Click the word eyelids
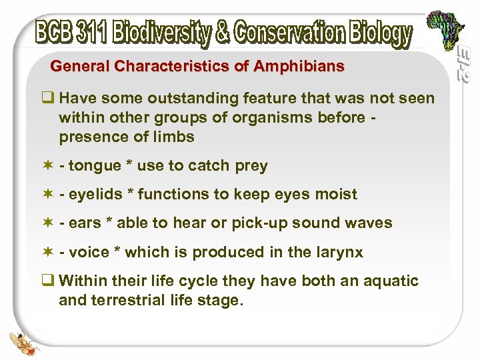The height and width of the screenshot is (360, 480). (98, 195)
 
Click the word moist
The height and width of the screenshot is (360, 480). (336, 195)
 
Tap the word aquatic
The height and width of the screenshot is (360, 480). (391, 281)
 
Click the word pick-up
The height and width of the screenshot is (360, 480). (257, 223)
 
